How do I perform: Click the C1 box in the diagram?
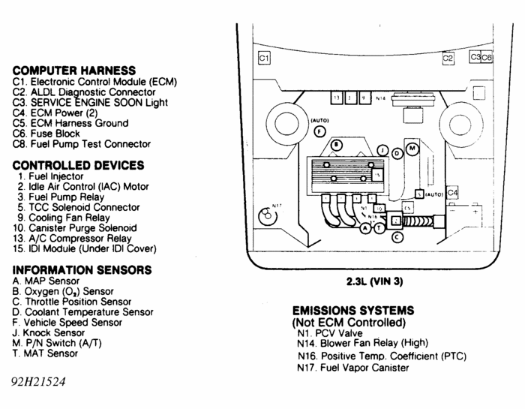263,58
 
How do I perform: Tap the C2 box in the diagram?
448,58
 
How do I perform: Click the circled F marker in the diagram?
319,131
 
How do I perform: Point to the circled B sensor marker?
337,144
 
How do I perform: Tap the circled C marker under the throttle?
397,237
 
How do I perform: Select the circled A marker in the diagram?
365,227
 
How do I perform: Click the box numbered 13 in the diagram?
337,98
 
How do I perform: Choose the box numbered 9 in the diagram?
364,98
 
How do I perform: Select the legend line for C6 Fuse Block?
55,134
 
